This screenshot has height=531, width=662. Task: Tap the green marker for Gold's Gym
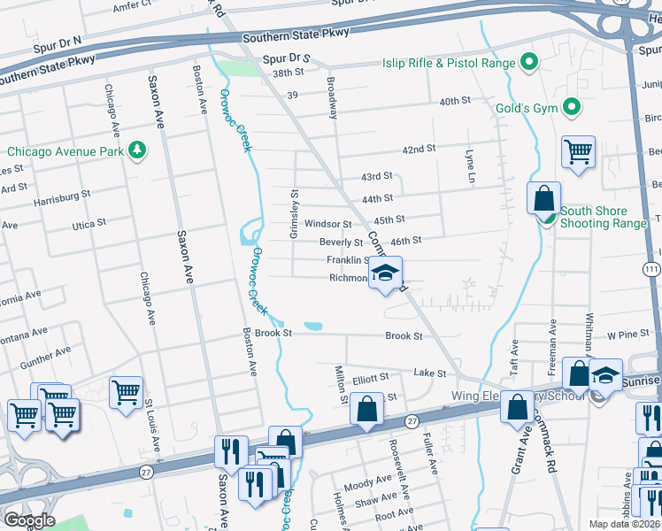(x=572, y=108)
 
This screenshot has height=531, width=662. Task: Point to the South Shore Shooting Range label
(x=604, y=217)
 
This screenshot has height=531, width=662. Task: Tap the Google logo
(x=28, y=520)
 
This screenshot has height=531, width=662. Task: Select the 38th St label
(x=289, y=73)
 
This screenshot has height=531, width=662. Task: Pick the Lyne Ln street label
(x=471, y=167)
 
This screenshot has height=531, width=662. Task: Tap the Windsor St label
(x=328, y=225)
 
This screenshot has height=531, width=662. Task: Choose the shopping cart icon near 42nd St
(x=578, y=150)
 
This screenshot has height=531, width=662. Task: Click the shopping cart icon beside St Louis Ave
(x=126, y=390)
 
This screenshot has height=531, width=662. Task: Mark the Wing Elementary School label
(x=512, y=396)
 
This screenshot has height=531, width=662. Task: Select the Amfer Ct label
(x=134, y=7)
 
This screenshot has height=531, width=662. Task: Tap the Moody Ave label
(x=361, y=486)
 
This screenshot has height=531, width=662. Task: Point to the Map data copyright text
(x=625, y=523)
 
